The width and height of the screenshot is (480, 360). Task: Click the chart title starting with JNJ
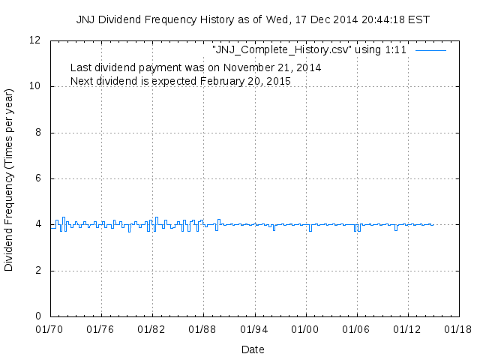[x=253, y=19]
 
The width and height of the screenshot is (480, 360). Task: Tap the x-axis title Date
[x=253, y=349]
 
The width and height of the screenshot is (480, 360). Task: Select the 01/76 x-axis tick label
[x=100, y=329]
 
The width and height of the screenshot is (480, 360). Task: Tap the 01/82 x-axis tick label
[x=151, y=329]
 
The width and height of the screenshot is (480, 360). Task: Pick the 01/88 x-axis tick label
[x=202, y=329]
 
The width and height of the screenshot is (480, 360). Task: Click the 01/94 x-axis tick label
[x=253, y=329]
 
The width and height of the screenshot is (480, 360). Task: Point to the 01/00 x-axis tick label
[x=304, y=329]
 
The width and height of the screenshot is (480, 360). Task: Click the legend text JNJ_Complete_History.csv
[x=311, y=50]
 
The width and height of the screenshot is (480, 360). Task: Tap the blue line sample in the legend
[x=430, y=50]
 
